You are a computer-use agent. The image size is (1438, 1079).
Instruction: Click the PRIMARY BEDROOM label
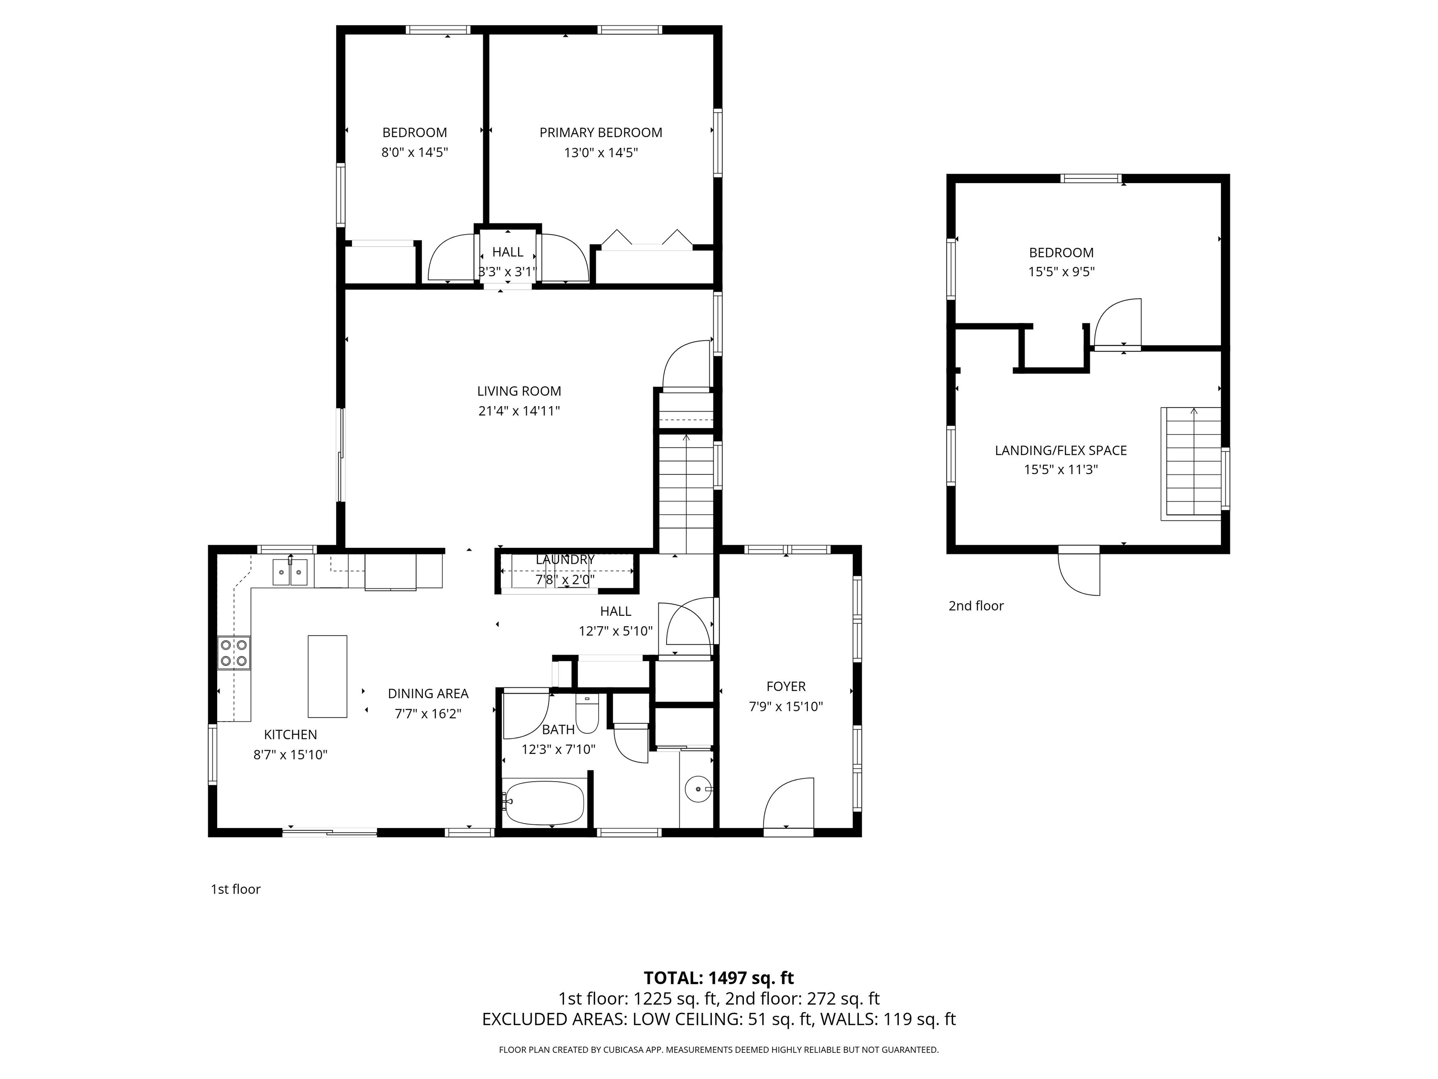coord(601,133)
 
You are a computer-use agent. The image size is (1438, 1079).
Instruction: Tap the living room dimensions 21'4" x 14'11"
coord(519,411)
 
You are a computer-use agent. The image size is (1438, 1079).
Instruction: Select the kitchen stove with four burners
coord(234,653)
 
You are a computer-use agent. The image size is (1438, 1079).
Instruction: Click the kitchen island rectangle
coord(327,676)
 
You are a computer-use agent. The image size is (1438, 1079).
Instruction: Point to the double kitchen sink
coord(290,572)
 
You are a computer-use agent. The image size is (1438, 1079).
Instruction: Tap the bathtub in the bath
coord(545,803)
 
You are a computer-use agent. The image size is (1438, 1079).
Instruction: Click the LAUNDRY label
coord(565,559)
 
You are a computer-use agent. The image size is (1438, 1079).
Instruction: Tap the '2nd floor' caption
coord(976,606)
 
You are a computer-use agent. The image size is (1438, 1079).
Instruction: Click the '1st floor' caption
coord(235,889)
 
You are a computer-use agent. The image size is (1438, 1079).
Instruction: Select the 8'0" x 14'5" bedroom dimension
coord(415,153)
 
